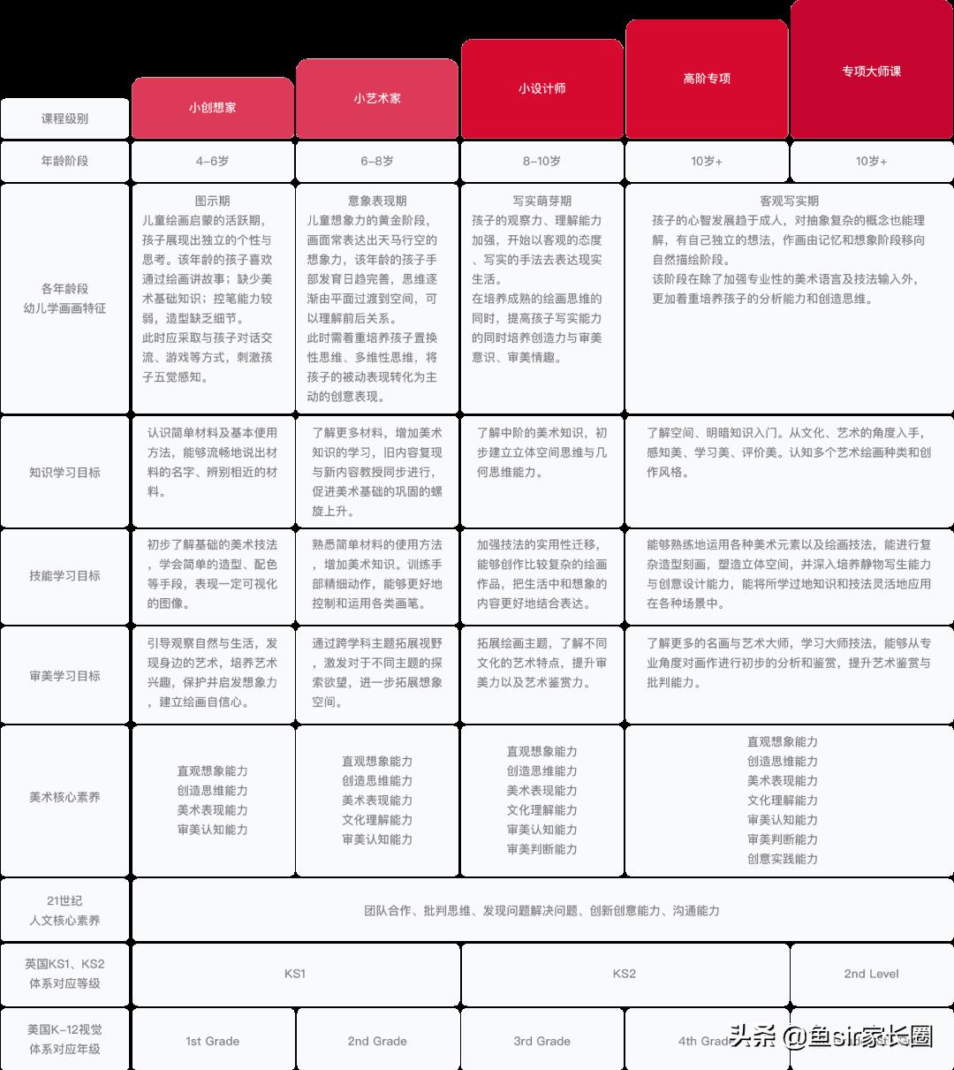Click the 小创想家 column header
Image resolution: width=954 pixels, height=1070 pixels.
point(212,108)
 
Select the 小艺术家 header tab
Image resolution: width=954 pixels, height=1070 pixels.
point(377,98)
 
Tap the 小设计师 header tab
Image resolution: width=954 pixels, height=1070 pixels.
point(541,88)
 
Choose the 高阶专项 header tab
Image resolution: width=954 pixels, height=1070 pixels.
point(707,79)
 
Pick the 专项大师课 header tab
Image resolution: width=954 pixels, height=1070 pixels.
point(871,71)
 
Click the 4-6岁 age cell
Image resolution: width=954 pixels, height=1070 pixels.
point(212,161)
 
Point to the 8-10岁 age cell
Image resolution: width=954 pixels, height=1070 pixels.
point(541,161)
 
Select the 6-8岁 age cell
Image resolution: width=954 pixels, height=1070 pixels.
point(377,161)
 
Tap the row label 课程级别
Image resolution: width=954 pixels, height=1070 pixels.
point(64,118)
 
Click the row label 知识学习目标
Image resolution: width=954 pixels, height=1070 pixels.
point(64,472)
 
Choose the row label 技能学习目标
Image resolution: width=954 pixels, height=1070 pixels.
point(64,575)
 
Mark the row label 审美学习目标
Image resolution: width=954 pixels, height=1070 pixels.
point(64,675)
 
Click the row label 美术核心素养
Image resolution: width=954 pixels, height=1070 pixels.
point(64,797)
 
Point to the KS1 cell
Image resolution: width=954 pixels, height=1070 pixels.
point(295,974)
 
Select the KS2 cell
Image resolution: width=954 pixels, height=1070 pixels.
point(624,974)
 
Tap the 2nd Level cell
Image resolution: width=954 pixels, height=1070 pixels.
point(871,974)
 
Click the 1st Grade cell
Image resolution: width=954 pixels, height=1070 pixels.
point(212,1041)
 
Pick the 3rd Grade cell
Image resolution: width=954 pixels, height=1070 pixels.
point(541,1041)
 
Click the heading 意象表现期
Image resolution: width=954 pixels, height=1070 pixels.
point(377,201)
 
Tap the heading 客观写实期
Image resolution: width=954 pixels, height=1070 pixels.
point(789,201)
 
